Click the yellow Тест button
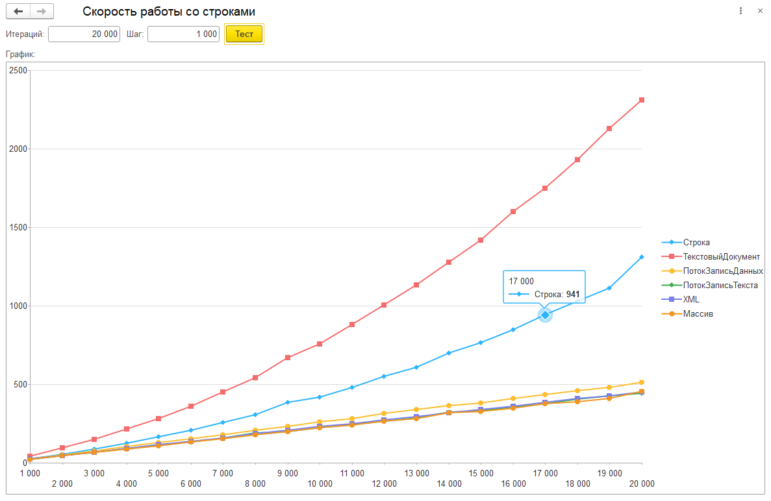[244, 34]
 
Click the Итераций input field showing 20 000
[84, 34]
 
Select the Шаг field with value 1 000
[183, 34]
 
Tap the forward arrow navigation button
[42, 12]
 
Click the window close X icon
[760, 12]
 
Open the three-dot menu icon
[741, 12]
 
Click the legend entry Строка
[696, 243]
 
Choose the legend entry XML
[691, 300]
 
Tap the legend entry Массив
[698, 314]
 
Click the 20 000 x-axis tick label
[642, 484]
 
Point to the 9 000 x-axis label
[288, 474]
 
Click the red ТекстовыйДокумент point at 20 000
[642, 100]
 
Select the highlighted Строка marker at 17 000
[545, 315]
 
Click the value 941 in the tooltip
[572, 294]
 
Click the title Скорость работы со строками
[169, 12]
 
